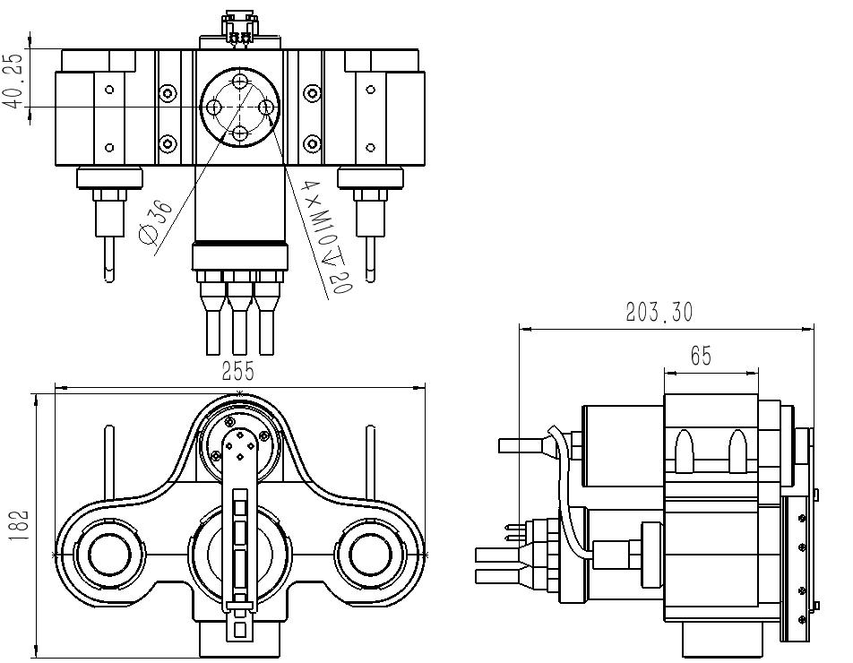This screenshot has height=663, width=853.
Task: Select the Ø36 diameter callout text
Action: click(x=156, y=222)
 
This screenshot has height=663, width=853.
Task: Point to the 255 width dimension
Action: click(x=238, y=371)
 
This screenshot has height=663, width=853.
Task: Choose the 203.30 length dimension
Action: click(x=659, y=313)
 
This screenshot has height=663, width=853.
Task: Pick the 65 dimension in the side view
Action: click(x=701, y=356)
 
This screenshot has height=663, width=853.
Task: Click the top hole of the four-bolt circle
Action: click(x=240, y=82)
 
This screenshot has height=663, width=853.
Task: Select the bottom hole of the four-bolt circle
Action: click(x=240, y=134)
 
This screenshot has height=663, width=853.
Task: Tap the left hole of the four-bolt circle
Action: click(x=214, y=108)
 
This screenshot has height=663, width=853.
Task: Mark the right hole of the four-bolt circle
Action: click(x=267, y=108)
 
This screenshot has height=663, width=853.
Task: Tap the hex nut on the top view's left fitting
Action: click(x=108, y=195)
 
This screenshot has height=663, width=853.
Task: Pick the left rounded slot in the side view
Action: click(x=684, y=451)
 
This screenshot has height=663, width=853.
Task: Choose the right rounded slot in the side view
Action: click(x=737, y=451)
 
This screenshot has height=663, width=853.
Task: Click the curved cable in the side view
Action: click(x=564, y=502)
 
